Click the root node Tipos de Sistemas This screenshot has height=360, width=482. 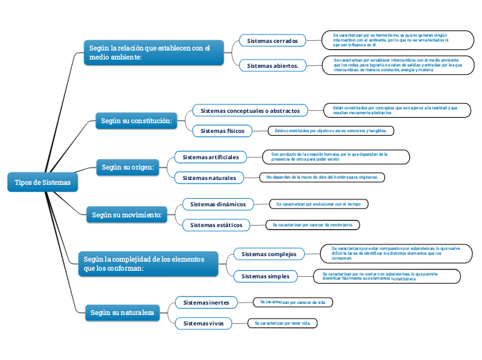tap(42, 182)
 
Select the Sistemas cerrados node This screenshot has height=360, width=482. tap(272, 41)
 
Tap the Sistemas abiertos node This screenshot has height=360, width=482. tap(272, 66)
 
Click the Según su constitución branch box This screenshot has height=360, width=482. tap(136, 120)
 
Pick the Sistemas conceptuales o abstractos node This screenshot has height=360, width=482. tap(250, 111)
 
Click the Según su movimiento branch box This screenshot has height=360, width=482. tap(127, 215)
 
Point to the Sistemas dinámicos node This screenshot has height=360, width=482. tap(217, 204)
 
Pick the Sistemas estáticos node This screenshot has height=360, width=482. tap(216, 225)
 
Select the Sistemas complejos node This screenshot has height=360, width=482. tap(268, 254)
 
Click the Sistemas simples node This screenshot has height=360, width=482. tap(265, 276)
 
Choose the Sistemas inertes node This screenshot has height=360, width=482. tap(206, 303)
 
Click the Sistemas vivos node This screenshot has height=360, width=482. tap(204, 323)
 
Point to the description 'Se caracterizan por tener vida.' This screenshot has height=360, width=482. tap(283, 323)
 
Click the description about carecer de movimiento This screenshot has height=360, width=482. tap(313, 225)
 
